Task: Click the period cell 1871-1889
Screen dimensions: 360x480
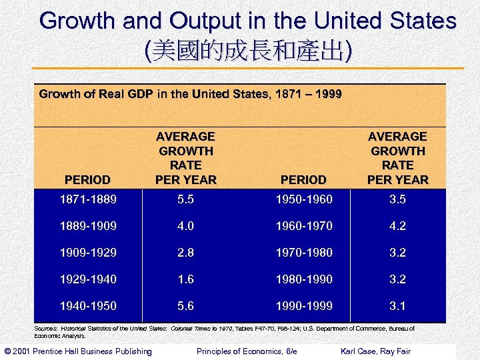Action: click(x=88, y=199)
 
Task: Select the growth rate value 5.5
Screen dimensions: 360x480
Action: click(x=185, y=199)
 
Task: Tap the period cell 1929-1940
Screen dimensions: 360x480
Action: click(x=88, y=279)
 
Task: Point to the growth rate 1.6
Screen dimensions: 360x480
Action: click(x=185, y=279)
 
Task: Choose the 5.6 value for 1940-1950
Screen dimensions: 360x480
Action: click(x=185, y=306)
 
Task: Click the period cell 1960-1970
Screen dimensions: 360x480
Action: click(x=303, y=226)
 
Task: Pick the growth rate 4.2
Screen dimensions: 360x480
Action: click(x=398, y=226)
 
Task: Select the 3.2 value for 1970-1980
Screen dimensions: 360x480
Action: click(x=398, y=253)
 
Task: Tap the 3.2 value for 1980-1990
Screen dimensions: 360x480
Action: click(x=398, y=279)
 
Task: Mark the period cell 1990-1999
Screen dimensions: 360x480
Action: click(x=303, y=306)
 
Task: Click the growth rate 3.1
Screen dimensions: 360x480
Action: click(x=398, y=306)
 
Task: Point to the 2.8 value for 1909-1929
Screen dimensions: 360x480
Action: click(x=185, y=253)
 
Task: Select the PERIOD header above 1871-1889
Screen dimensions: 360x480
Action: click(x=87, y=180)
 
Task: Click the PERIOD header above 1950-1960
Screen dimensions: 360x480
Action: click(x=303, y=180)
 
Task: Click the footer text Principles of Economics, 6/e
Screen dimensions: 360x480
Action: click(x=247, y=351)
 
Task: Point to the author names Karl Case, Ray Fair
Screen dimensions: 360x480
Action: click(x=375, y=351)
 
